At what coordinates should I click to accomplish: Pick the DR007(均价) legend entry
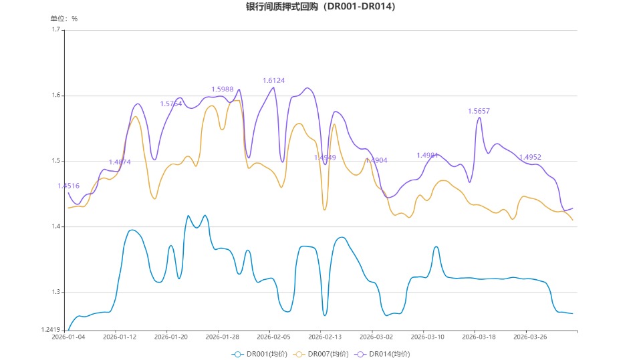(x=322, y=354)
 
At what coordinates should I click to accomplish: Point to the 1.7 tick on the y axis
(x=56, y=30)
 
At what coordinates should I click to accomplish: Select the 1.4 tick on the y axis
(x=56, y=227)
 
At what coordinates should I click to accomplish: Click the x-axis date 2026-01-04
(x=69, y=337)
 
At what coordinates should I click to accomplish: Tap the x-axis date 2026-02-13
(x=324, y=337)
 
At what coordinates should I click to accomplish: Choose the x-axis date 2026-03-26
(x=528, y=337)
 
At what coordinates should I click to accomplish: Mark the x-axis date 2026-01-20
(x=171, y=337)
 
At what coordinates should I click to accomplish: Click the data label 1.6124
(x=273, y=81)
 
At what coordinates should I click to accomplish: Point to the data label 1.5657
(x=479, y=111)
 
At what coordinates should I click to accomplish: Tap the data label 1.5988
(x=223, y=89)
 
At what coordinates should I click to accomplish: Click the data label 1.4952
(x=530, y=158)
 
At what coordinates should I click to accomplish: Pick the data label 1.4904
(x=376, y=160)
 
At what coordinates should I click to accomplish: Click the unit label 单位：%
(x=64, y=19)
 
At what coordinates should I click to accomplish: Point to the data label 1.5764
(x=171, y=104)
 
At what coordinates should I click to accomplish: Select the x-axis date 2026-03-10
(x=427, y=337)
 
